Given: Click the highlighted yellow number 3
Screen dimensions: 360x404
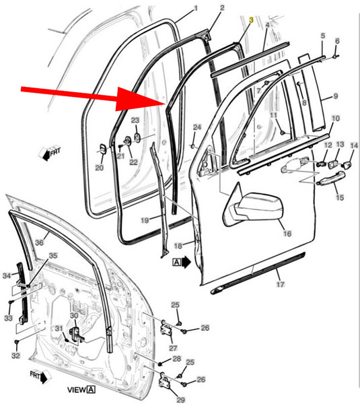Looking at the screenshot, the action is tap(251, 20).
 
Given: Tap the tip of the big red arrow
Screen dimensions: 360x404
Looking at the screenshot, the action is tap(165, 102).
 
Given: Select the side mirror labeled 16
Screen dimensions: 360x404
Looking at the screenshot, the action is tap(253, 207).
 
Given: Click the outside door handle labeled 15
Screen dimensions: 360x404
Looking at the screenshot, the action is tap(332, 178).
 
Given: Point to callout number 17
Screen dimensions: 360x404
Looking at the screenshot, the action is tap(281, 284).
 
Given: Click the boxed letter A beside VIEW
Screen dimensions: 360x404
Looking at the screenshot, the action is tap(91, 389).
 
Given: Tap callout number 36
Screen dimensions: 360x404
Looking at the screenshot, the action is tap(39, 242).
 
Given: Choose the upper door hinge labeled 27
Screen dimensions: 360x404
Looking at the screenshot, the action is tap(166, 331).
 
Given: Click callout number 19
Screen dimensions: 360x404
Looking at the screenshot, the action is tap(145, 220).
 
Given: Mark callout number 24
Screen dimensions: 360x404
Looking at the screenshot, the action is tap(197, 127).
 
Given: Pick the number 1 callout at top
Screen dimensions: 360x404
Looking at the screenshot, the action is tap(196, 8).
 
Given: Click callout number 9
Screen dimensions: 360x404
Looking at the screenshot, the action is tap(336, 96).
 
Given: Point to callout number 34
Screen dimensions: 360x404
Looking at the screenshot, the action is tap(7, 276).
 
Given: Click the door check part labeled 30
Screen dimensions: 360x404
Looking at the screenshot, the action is tap(76, 335).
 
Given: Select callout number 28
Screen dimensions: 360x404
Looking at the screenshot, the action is tap(177, 359).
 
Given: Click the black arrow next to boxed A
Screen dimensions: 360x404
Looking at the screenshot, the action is tap(186, 263).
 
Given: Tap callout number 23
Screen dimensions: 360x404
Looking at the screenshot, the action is tap(135, 120).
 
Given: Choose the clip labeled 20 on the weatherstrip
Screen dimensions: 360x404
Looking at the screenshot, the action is tap(103, 149).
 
